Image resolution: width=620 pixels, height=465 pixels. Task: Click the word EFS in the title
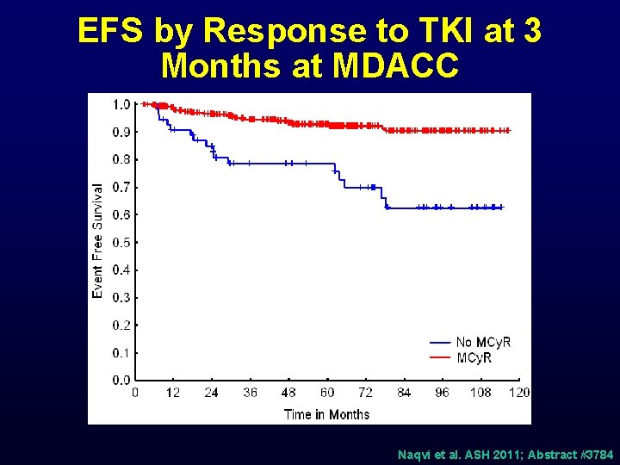tap(111, 31)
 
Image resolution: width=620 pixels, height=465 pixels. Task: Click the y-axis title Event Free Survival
tap(97, 241)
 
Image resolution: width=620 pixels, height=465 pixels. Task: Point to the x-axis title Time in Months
tap(326, 414)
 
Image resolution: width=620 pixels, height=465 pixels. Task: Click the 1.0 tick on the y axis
tap(121, 104)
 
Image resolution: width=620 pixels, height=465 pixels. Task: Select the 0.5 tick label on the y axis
tap(121, 242)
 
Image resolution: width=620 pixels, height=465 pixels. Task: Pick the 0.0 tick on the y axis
tap(121, 380)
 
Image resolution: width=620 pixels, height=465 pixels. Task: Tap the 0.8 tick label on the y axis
tap(121, 159)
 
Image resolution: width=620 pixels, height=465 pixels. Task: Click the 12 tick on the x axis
tap(173, 393)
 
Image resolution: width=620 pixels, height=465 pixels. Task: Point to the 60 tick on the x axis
tap(327, 393)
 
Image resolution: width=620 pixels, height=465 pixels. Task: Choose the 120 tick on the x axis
tap(518, 393)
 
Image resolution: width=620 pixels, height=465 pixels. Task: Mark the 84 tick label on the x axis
tap(404, 393)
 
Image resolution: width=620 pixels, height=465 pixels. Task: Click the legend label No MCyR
tap(483, 343)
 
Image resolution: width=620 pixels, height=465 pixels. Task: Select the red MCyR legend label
tap(474, 357)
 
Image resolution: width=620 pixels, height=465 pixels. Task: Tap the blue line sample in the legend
tap(440, 343)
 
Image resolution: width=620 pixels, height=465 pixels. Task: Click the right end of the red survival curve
tap(509, 130)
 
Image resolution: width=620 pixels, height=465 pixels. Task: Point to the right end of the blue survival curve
tap(502, 208)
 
